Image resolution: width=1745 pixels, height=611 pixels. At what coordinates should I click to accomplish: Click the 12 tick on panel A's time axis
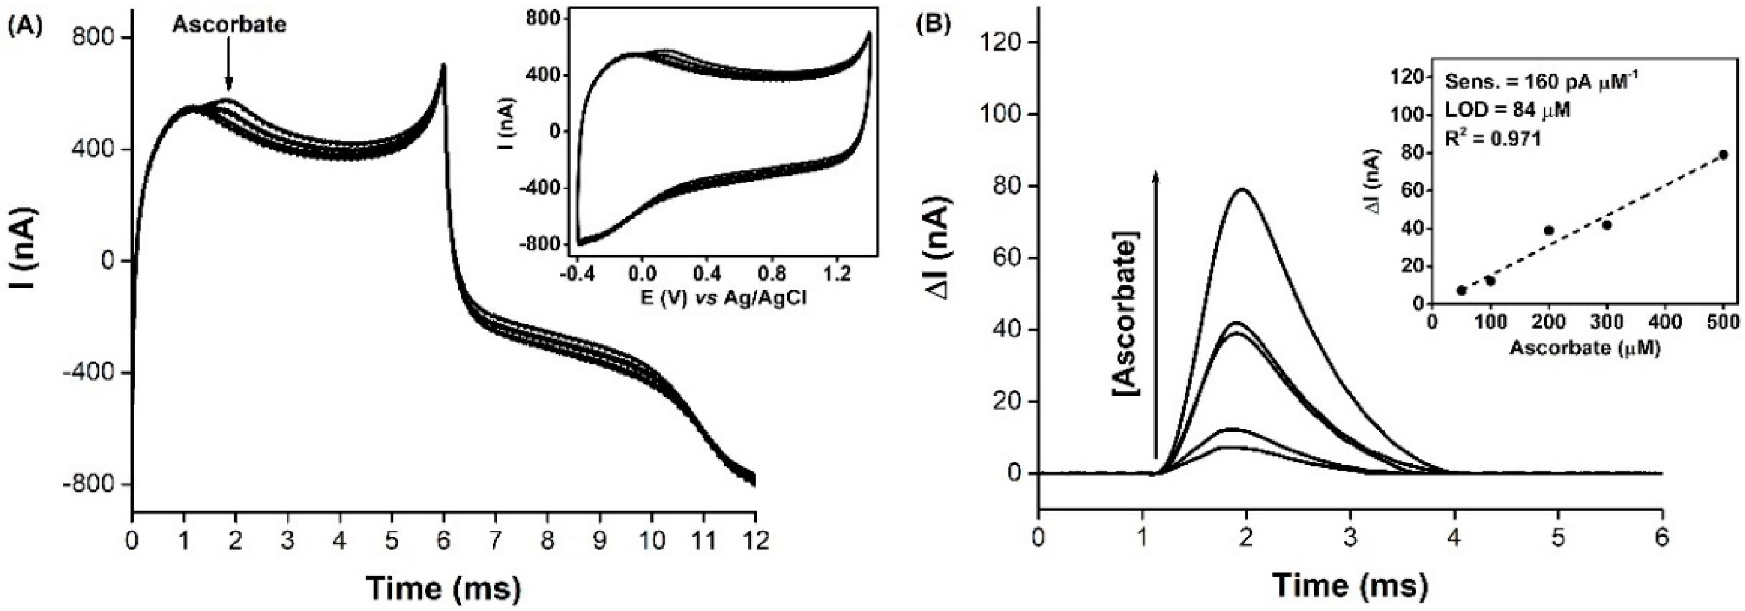[x=754, y=541]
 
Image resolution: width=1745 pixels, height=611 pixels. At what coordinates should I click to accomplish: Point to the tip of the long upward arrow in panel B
[x=1156, y=173]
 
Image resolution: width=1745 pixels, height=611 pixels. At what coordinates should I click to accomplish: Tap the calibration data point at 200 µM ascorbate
[x=1549, y=230]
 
